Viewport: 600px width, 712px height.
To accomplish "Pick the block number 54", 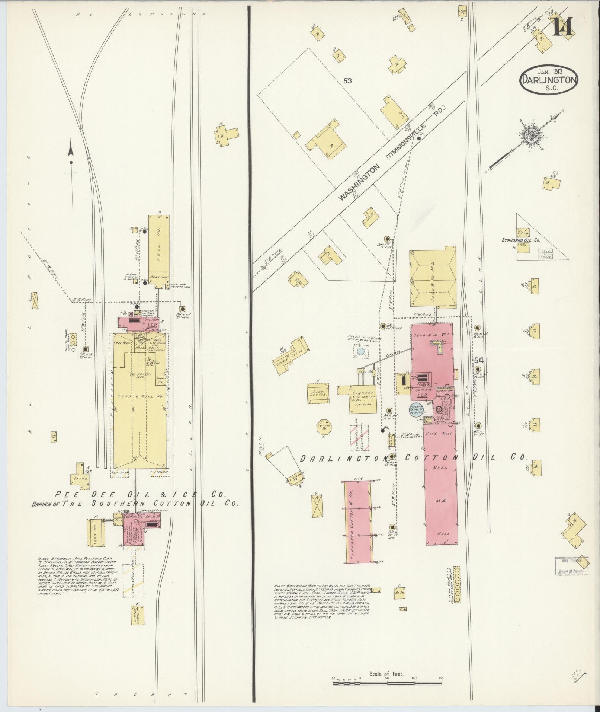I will point(478,360).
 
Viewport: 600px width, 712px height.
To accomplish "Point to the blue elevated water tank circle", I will point(360,351).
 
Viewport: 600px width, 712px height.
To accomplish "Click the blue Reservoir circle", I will point(416,409).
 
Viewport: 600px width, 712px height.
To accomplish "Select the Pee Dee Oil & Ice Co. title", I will point(141,494).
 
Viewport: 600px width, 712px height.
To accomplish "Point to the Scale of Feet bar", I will point(387,683).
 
